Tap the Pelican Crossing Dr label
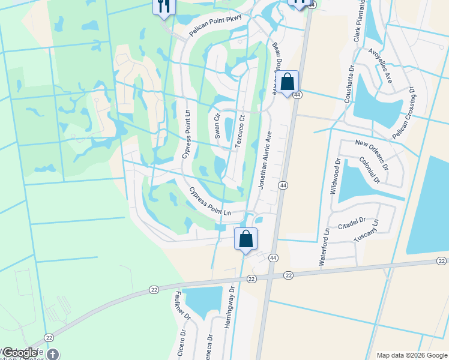[x=403, y=115]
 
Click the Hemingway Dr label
[x=229, y=309]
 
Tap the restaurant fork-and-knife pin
[x=163, y=6]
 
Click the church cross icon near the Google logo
[x=53, y=354]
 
